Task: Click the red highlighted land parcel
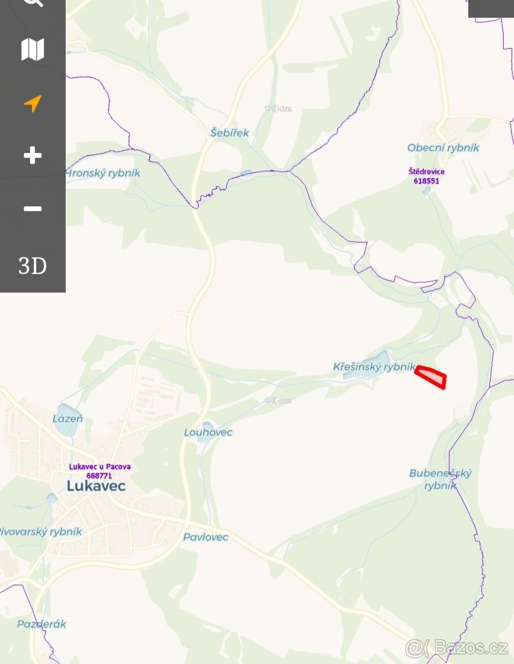(432, 377)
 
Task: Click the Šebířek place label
(229, 133)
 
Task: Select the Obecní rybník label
(443, 148)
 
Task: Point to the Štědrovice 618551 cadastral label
(427, 176)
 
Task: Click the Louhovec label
(208, 432)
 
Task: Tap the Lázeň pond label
(67, 419)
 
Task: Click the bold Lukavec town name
(96, 486)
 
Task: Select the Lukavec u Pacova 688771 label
(99, 471)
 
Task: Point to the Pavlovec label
(206, 537)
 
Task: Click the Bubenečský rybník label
(440, 479)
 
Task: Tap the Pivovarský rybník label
(41, 532)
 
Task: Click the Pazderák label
(41, 624)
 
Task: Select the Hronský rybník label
(103, 173)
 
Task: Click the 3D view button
(33, 266)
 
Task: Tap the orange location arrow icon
(33, 103)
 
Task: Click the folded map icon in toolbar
(33, 50)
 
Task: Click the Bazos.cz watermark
(457, 646)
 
